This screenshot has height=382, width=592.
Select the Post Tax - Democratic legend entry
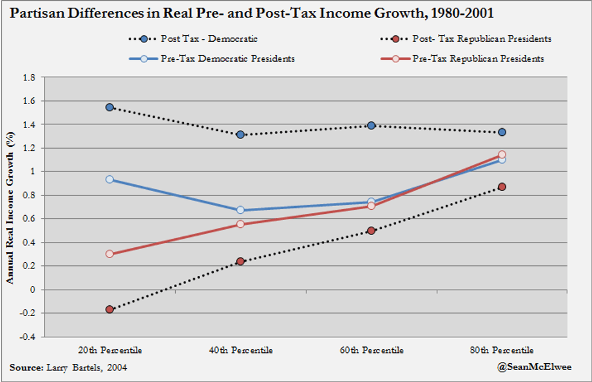[x=209, y=39]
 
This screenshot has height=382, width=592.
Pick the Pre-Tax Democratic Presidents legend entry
[x=227, y=59]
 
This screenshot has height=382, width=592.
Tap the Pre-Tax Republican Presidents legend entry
[x=477, y=59]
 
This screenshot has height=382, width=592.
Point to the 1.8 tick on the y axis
[x=28, y=77]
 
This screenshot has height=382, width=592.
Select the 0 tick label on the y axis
[x=33, y=290]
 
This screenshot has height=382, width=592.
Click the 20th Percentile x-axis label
[x=109, y=350]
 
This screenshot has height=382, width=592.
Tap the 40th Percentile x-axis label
[x=240, y=350]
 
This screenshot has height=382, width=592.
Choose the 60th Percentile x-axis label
[x=371, y=350]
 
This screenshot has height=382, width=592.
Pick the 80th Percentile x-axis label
[x=501, y=350]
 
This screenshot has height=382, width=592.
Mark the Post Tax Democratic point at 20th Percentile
[x=109, y=107]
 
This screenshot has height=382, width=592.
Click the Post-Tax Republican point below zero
[x=109, y=309]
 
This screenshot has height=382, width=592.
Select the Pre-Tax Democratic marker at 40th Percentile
[x=240, y=210]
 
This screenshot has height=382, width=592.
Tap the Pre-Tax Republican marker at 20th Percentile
[x=109, y=254]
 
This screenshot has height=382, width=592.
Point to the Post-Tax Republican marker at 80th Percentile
[x=502, y=187]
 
